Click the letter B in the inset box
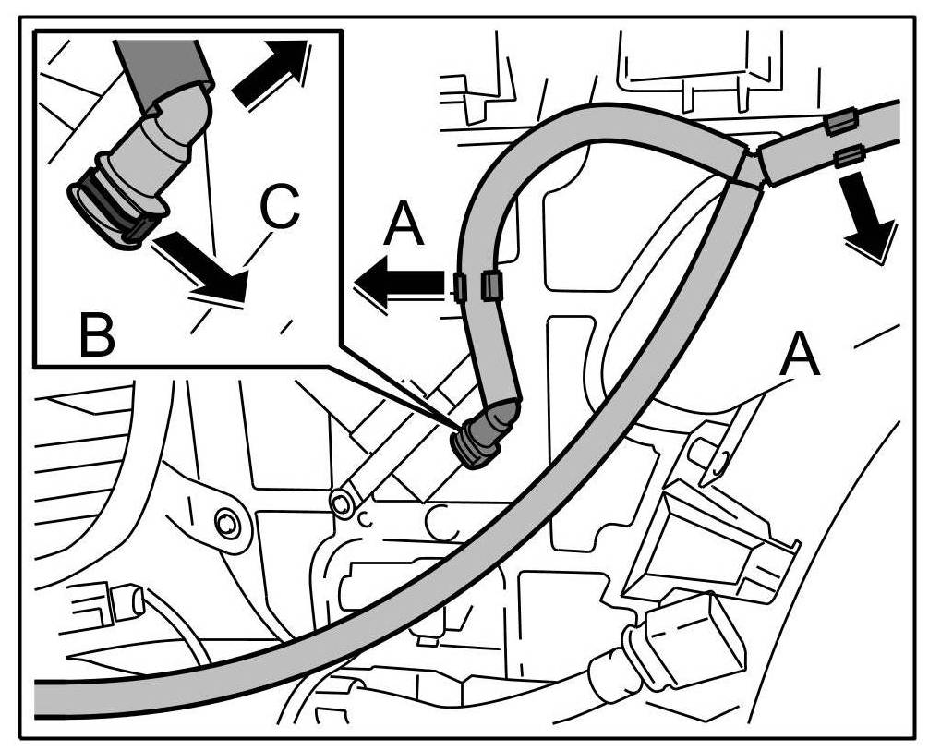click(96, 336)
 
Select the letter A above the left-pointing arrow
click(403, 226)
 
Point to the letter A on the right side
click(800, 355)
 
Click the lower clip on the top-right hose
click(848, 156)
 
